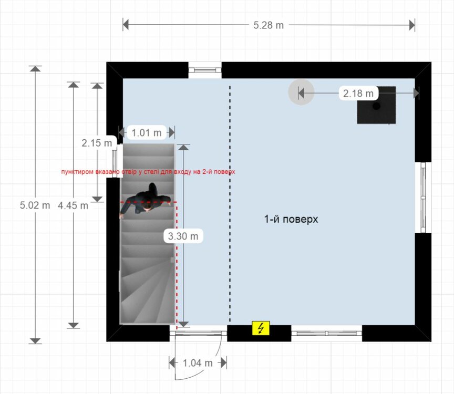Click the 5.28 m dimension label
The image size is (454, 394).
pos(269,25)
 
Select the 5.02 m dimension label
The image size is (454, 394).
pos(35,205)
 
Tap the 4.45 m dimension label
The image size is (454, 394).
pos(73,205)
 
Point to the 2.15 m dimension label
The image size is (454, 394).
pos(97,143)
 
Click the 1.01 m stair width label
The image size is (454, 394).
pos(147,132)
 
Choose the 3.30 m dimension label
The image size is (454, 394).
pos(183,236)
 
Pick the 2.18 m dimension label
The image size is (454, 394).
pos(358,93)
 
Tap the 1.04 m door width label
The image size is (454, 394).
pos(198,362)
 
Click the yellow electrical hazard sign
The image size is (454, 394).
pos(261,328)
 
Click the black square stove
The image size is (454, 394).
pos(376,105)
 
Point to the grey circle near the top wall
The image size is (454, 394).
pos(301,92)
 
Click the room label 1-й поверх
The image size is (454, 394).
pos(291,219)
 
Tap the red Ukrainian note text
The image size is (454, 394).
pos(148,172)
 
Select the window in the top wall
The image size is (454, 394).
pos(205,70)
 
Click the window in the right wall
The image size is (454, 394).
pos(423,198)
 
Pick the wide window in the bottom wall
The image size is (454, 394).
pos(327,333)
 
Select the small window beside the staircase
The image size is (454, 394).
pos(115,161)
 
